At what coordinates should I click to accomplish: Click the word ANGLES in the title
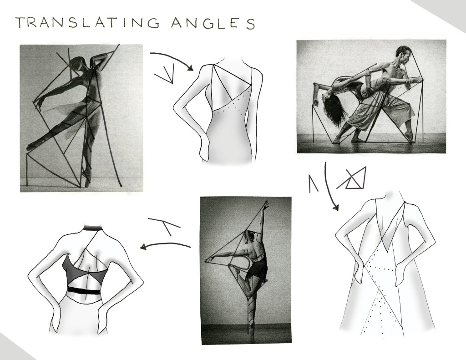pyautogui.click(x=213, y=23)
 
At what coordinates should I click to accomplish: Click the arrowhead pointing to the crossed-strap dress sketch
pyautogui.click(x=336, y=208)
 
